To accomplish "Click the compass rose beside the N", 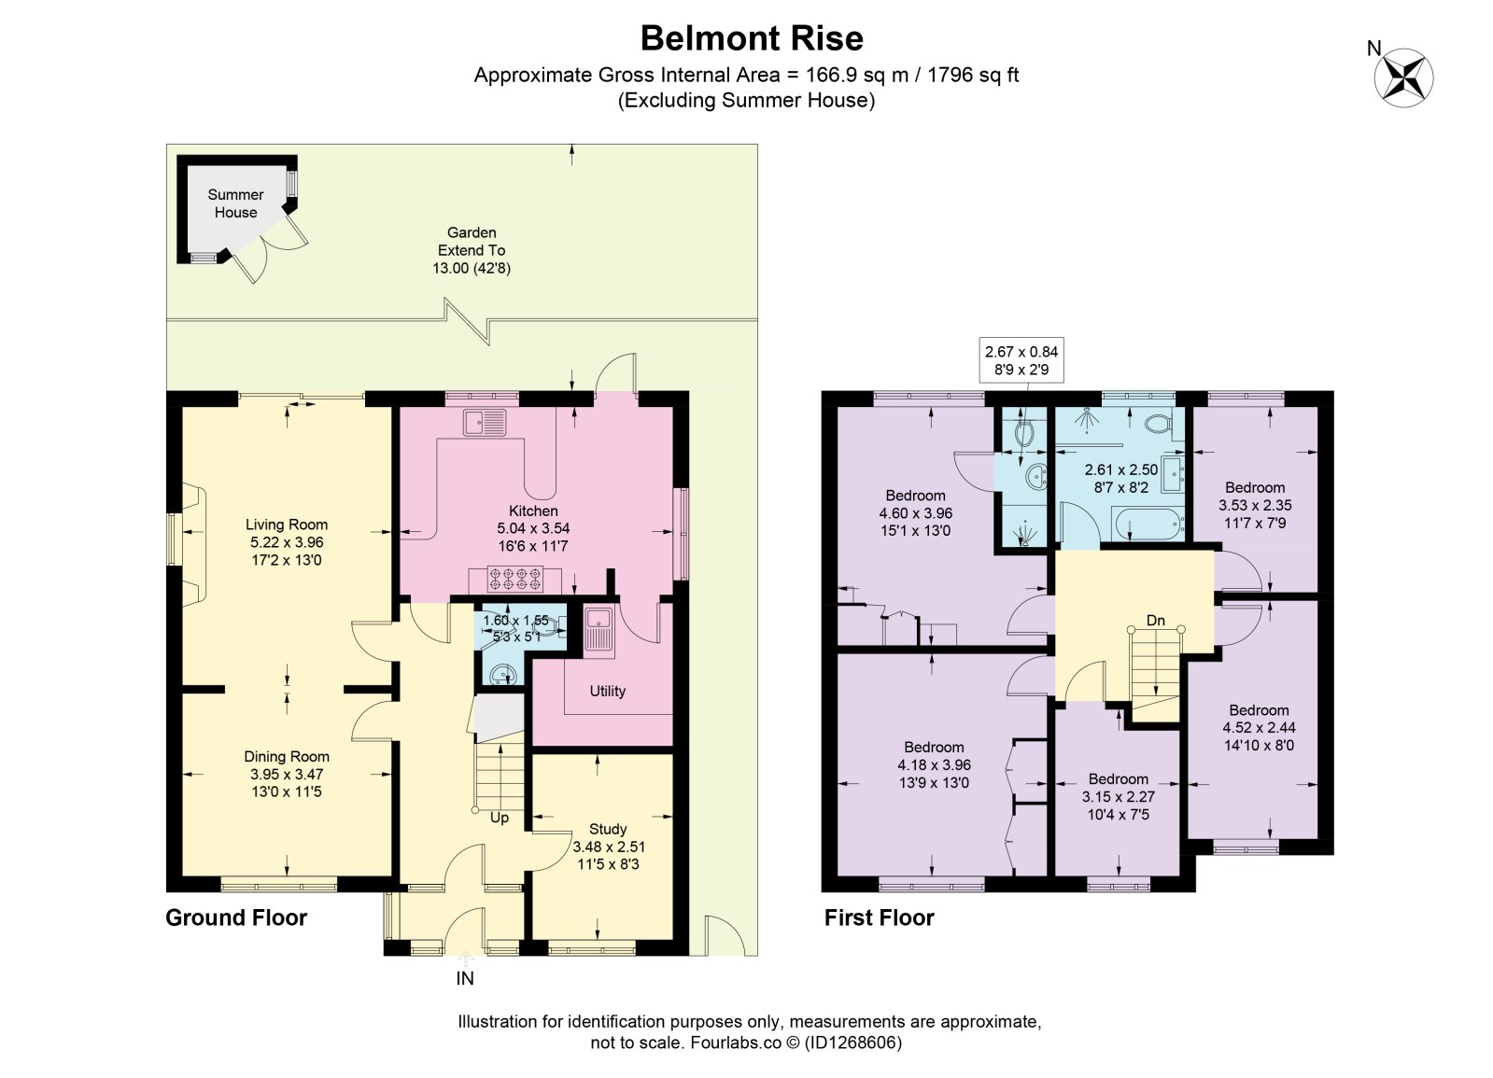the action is point(1403,77).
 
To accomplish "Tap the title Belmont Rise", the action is point(752,38).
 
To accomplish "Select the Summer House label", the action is point(235,203).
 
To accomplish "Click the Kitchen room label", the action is point(533,511).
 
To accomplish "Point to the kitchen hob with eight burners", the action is point(515,579).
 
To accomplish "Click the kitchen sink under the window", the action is point(486,423).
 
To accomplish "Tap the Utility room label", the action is point(607,691).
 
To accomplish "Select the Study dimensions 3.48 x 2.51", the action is point(609,847).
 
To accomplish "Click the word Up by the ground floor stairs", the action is point(500,819).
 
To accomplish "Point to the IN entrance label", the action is point(465,978).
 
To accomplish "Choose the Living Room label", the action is point(287,525).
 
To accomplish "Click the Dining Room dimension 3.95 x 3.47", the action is point(287,774).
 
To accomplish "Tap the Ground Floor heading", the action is point(236,917).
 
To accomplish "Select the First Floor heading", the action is point(880,917).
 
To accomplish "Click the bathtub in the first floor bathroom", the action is point(1148,525).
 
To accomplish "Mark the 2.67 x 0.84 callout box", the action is point(1021,359).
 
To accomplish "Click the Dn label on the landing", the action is point(1155,621).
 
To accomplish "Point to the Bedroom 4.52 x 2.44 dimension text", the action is point(1259,728).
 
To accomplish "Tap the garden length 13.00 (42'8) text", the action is point(472,269).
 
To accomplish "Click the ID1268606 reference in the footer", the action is point(853,1042).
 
